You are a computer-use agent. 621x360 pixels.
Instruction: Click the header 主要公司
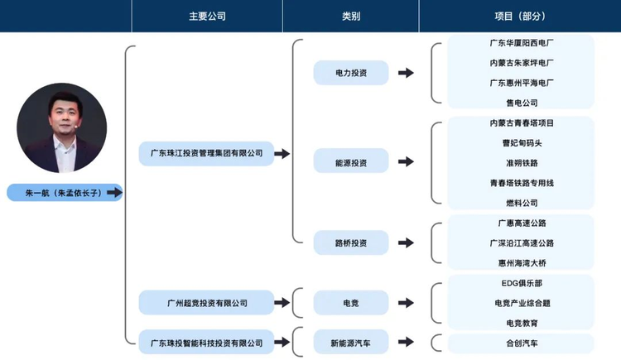[207, 16]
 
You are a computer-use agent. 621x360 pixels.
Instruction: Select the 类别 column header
[350, 16]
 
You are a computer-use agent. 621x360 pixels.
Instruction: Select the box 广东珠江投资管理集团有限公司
[206, 153]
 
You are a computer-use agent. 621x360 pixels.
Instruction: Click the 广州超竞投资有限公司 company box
[206, 303]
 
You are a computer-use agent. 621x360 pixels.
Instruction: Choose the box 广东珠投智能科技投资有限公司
[206, 342]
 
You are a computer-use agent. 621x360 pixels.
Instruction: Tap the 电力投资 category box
[350, 73]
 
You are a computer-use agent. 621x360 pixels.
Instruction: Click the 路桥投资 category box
[350, 242]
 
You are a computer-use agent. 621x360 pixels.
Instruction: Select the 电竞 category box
[350, 303]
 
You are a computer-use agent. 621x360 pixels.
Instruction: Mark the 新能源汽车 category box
[350, 342]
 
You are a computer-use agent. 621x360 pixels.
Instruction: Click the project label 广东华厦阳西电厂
[522, 42]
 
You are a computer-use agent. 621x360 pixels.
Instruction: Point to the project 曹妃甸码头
[522, 143]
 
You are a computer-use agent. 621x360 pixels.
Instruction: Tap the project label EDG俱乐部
[522, 283]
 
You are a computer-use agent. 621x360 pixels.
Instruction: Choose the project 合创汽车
[522, 343]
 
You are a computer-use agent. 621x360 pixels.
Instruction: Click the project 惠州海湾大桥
[522, 263]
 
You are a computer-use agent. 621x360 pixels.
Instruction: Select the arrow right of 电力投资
[406, 73]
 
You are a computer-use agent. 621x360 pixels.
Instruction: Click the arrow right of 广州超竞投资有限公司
[282, 303]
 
